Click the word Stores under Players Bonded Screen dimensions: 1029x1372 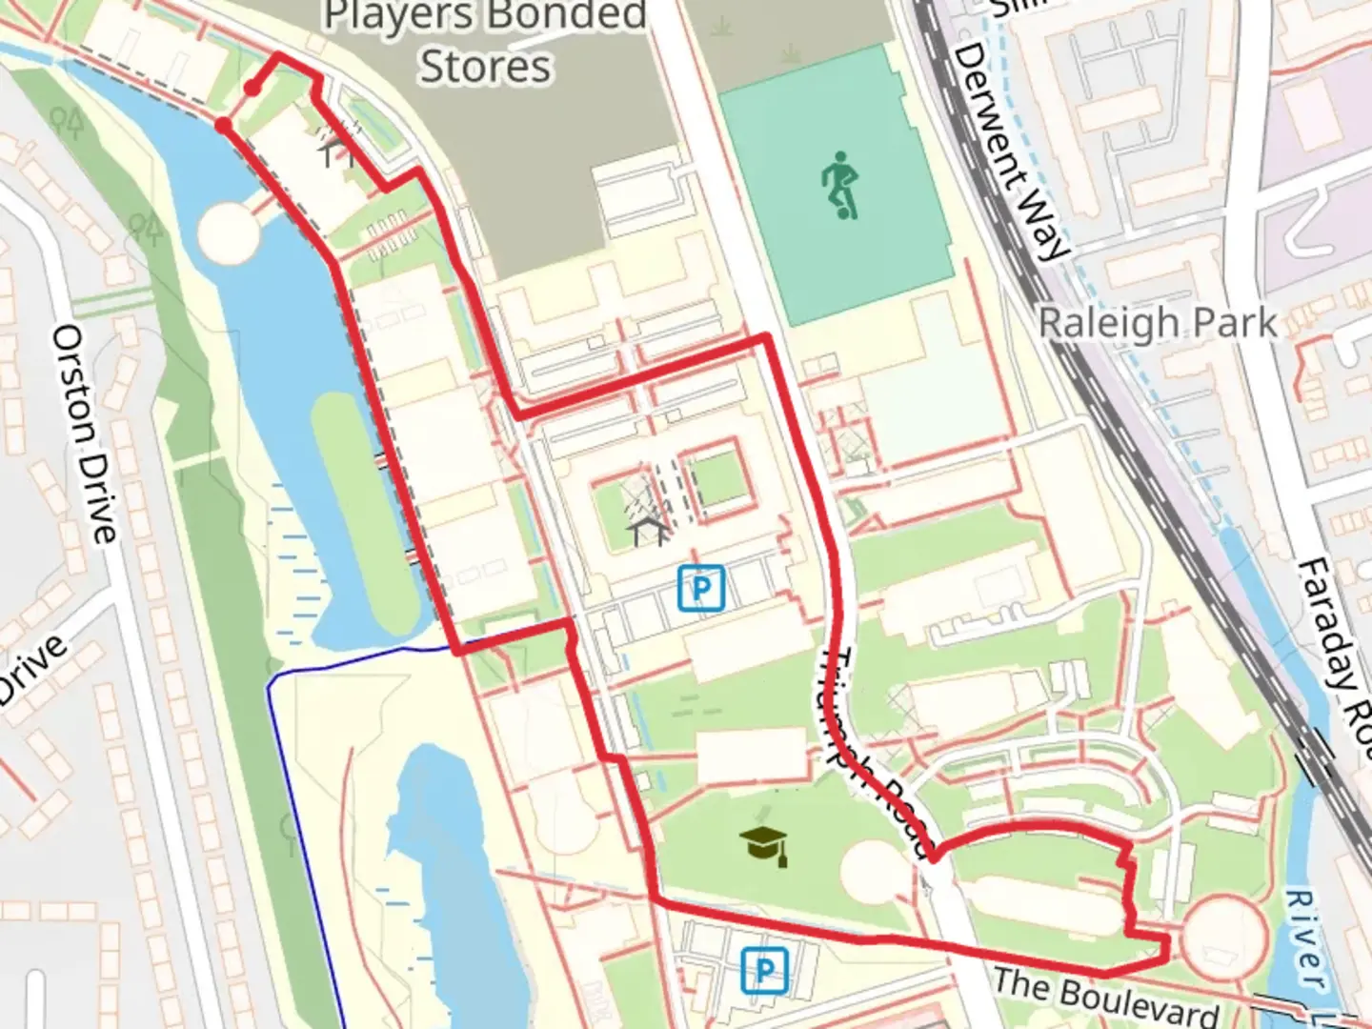point(486,67)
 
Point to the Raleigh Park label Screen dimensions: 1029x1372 point(1157,323)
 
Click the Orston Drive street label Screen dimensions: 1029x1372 point(85,434)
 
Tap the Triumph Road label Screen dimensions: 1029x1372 point(873,753)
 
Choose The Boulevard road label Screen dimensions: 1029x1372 point(1105,995)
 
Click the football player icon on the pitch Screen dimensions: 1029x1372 point(839,185)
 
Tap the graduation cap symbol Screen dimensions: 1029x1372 point(764,844)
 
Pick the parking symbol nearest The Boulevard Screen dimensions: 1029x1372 point(764,970)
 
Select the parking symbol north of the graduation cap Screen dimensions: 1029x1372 point(701,588)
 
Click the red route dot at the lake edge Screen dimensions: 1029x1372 point(223,126)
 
